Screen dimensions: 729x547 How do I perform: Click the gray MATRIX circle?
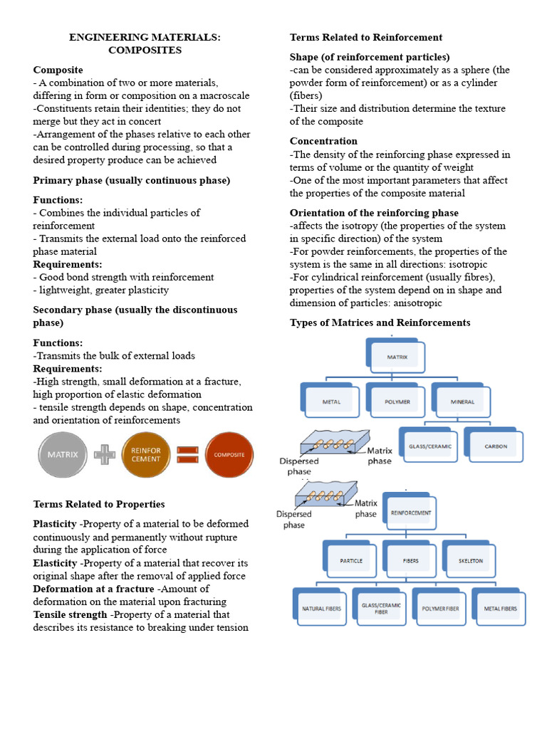coord(63,454)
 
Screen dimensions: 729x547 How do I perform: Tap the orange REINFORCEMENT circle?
coord(145,454)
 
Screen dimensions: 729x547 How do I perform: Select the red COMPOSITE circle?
coord(229,455)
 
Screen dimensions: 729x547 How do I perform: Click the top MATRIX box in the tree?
coord(397,357)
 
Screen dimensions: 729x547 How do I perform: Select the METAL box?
coord(332,402)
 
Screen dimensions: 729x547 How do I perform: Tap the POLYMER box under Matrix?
coord(397,402)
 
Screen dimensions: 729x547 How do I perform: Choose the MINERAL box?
coord(462,402)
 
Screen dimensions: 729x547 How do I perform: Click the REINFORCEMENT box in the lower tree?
coord(411,513)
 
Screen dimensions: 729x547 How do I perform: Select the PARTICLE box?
coord(350,560)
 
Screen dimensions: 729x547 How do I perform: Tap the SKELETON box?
coord(471,560)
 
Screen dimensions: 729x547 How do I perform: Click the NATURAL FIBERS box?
coord(322,608)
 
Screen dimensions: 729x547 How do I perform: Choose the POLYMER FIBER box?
coord(441,608)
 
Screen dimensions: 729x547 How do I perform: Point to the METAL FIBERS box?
coord(500,608)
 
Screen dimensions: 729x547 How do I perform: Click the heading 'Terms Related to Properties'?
coord(99,504)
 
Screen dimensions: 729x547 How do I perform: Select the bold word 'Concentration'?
coord(323,141)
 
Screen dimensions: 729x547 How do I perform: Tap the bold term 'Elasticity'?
coord(55,563)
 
